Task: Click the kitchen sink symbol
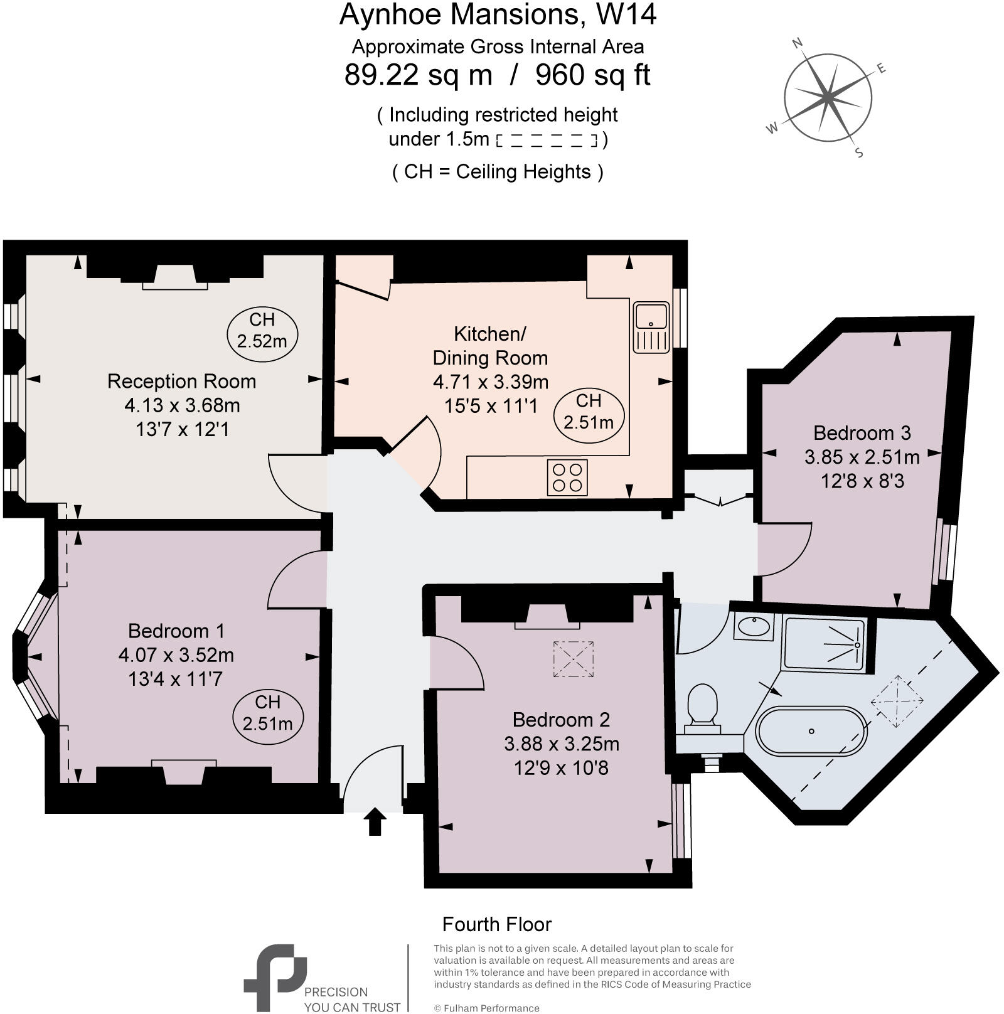click(651, 326)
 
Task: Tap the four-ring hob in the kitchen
click(567, 478)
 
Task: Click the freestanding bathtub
click(811, 731)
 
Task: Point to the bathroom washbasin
click(754, 627)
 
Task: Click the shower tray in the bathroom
click(825, 644)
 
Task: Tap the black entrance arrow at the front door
click(375, 822)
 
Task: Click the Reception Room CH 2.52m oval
click(262, 330)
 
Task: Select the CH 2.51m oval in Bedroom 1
click(267, 713)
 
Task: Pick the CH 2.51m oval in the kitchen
click(589, 412)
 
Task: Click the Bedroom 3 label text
click(862, 433)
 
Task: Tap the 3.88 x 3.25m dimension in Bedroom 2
click(562, 744)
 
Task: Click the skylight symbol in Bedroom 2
click(573, 659)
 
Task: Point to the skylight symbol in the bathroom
click(898, 701)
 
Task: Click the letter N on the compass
click(798, 43)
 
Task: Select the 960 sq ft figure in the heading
click(592, 75)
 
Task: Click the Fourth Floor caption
click(496, 924)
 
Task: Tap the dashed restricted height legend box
click(546, 140)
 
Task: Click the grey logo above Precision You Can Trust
click(275, 976)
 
